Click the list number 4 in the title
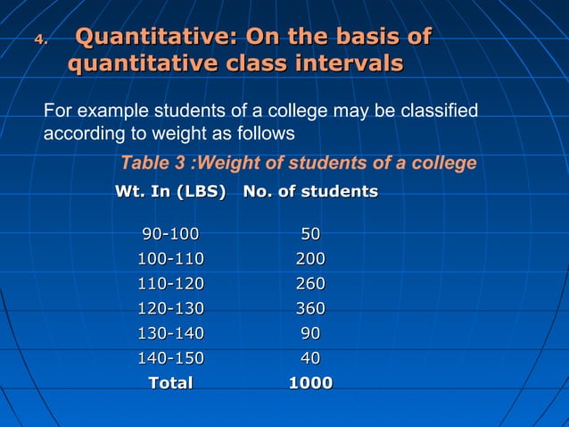coord(39,38)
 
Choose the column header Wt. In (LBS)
coord(170,191)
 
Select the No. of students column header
coord(310,191)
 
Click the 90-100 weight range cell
coord(170,234)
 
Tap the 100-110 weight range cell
coord(170,259)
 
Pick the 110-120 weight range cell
coord(170,284)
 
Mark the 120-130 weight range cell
coord(170,309)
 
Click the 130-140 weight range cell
coord(170,333)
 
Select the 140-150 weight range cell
coord(170,358)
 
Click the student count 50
coord(310,234)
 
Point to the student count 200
coord(310,259)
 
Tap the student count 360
coord(310,309)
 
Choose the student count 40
coord(310,358)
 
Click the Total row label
coord(170,383)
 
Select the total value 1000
coord(310,383)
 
